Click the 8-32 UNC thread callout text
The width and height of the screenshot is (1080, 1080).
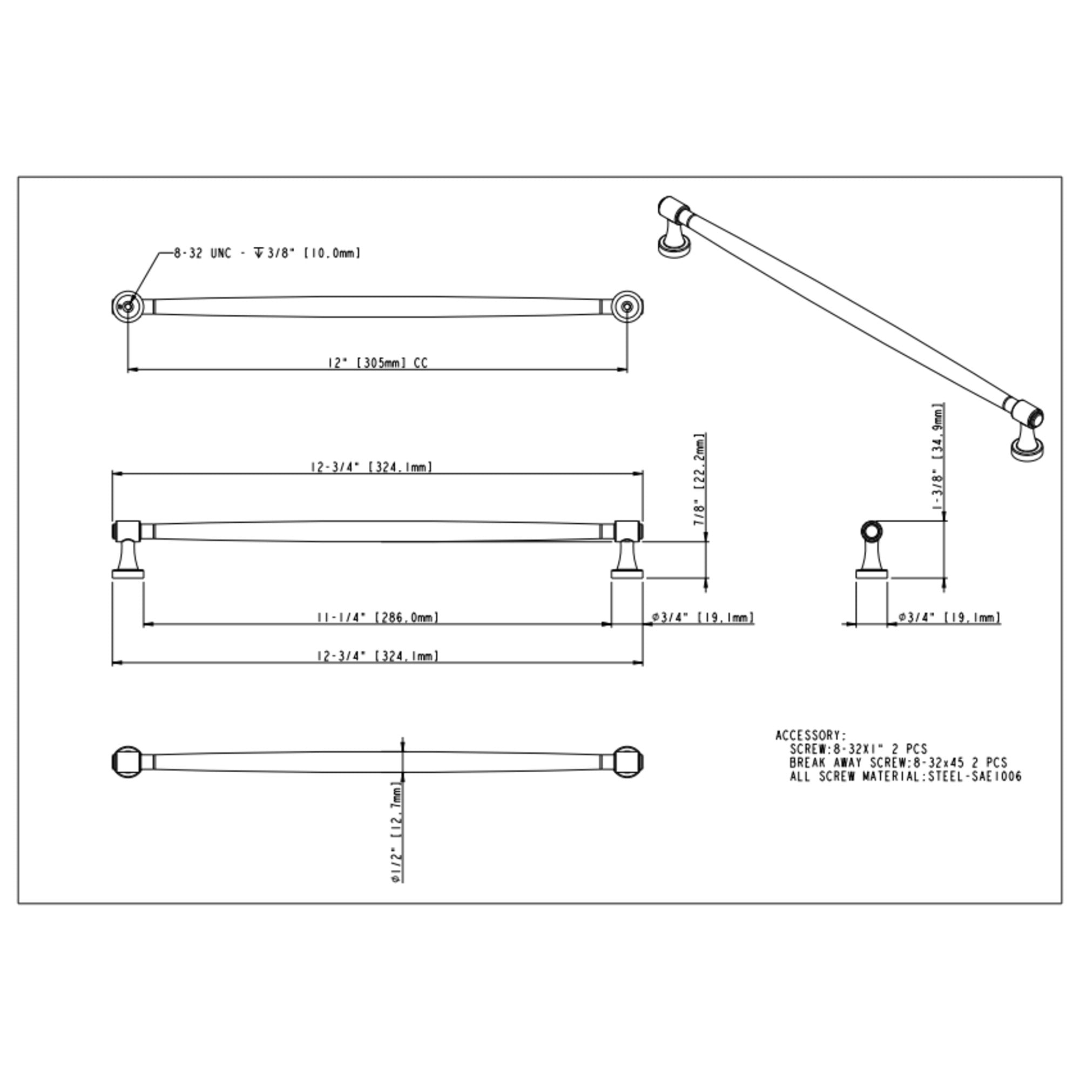[x=267, y=253]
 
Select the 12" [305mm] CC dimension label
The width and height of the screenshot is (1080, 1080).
[x=377, y=363]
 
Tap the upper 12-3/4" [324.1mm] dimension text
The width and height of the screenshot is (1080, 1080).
[x=372, y=467]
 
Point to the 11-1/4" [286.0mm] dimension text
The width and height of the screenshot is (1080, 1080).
[x=377, y=618]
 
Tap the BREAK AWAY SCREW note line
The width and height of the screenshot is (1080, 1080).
[x=899, y=762]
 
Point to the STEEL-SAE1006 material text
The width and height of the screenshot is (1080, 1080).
[x=975, y=777]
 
